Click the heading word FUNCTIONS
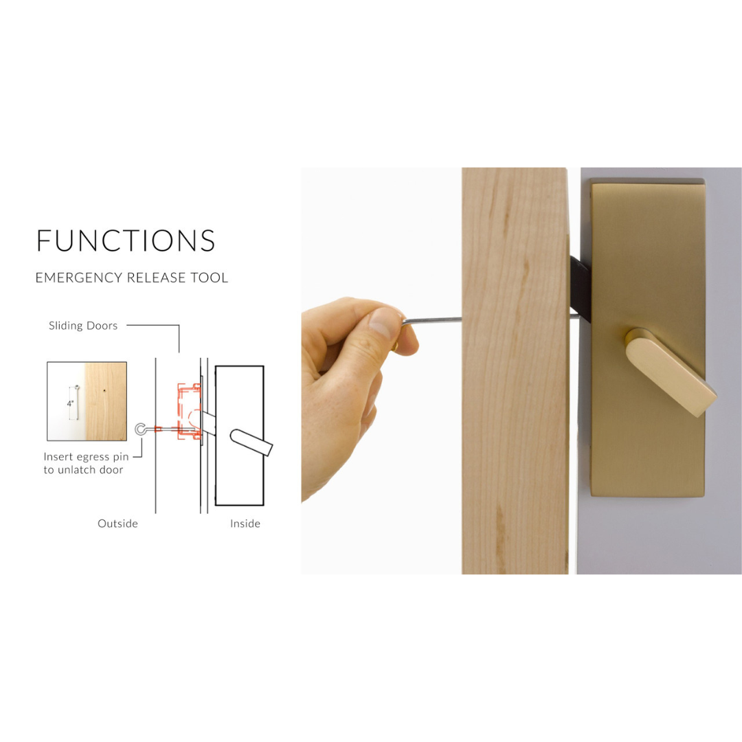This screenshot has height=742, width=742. pyautogui.click(x=126, y=240)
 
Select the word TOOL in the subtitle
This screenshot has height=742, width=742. pyautogui.click(x=209, y=278)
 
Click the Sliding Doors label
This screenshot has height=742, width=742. pyautogui.click(x=83, y=326)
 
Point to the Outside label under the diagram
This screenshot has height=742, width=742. pyautogui.click(x=118, y=524)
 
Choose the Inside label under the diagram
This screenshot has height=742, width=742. pyautogui.click(x=245, y=524)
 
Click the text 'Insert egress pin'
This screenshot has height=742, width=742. pyautogui.click(x=86, y=457)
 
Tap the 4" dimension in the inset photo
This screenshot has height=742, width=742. pyautogui.click(x=70, y=404)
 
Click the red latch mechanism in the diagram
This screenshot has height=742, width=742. pyautogui.click(x=190, y=412)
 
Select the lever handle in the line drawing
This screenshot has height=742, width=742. pyautogui.click(x=251, y=442)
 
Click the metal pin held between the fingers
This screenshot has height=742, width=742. pyautogui.click(x=431, y=321)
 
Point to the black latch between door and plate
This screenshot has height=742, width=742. pyautogui.click(x=581, y=288)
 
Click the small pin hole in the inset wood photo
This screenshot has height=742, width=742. pyautogui.click(x=104, y=391)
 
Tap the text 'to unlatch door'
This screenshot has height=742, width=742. pyautogui.click(x=83, y=470)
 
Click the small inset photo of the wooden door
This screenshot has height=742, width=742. pyautogui.click(x=87, y=401)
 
